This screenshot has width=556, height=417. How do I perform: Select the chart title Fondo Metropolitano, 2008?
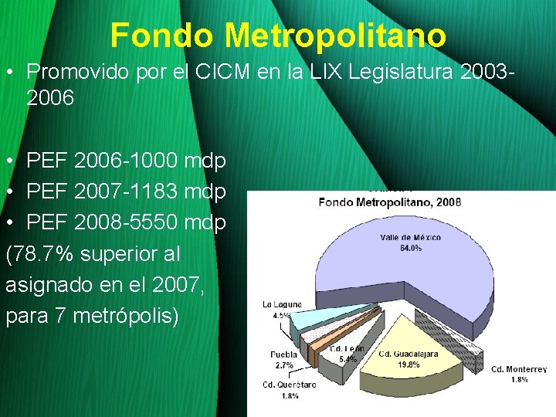[390, 202]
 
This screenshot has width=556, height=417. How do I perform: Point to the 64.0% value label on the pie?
[410, 248]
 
